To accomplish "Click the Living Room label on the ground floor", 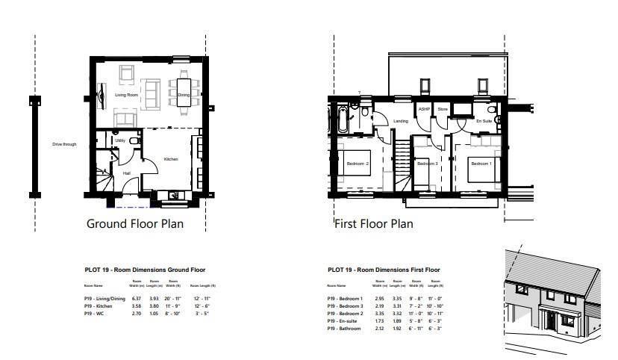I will [x=126, y=95].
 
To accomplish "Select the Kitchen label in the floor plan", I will [x=171, y=159].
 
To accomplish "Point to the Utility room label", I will [x=119, y=140].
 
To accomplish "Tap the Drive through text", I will [x=64, y=144].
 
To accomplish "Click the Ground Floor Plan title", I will [x=135, y=223].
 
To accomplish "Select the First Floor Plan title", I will [x=373, y=223].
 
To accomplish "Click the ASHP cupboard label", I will [x=425, y=109].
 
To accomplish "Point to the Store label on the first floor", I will [x=443, y=109].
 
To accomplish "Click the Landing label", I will [x=401, y=121].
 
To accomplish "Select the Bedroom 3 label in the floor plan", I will [x=426, y=164].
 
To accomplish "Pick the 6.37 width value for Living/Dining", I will [x=135, y=298].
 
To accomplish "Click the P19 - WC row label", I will [x=94, y=313].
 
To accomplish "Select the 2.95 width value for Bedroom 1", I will [x=380, y=298].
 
